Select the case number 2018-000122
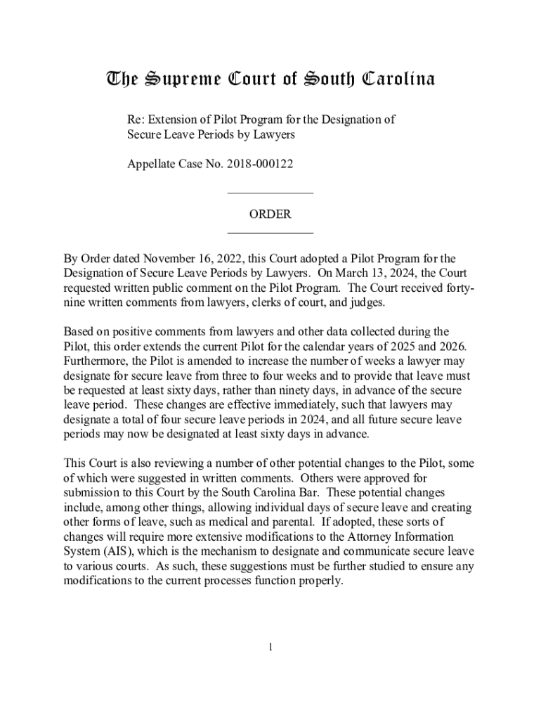point(258,164)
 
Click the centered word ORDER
point(270,214)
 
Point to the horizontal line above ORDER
point(270,193)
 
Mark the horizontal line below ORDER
point(270,233)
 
